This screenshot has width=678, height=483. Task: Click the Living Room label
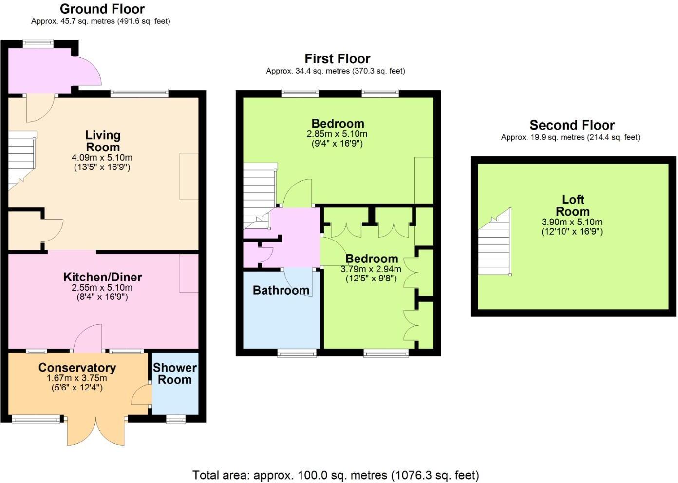click(x=103, y=141)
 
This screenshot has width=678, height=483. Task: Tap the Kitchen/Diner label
click(x=102, y=277)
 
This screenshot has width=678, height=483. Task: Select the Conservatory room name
click(x=77, y=368)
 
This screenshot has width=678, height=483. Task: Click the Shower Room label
click(x=174, y=373)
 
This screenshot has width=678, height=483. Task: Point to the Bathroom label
click(x=281, y=290)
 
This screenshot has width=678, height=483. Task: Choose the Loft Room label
click(x=572, y=205)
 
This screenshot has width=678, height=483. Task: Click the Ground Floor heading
click(x=102, y=9)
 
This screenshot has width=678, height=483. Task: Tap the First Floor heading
click(x=337, y=58)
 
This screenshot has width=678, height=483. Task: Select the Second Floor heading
click(x=572, y=125)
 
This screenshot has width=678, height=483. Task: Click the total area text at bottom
click(x=336, y=475)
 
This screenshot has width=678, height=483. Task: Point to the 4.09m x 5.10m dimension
click(x=102, y=158)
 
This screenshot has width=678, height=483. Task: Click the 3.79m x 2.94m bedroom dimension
click(x=371, y=269)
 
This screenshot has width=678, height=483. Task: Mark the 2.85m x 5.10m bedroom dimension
click(x=337, y=134)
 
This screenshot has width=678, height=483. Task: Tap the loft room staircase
click(x=495, y=243)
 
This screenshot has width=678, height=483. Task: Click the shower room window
click(x=175, y=419)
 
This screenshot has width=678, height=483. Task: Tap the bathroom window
click(x=297, y=353)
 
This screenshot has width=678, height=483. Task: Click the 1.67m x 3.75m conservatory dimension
click(x=76, y=378)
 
